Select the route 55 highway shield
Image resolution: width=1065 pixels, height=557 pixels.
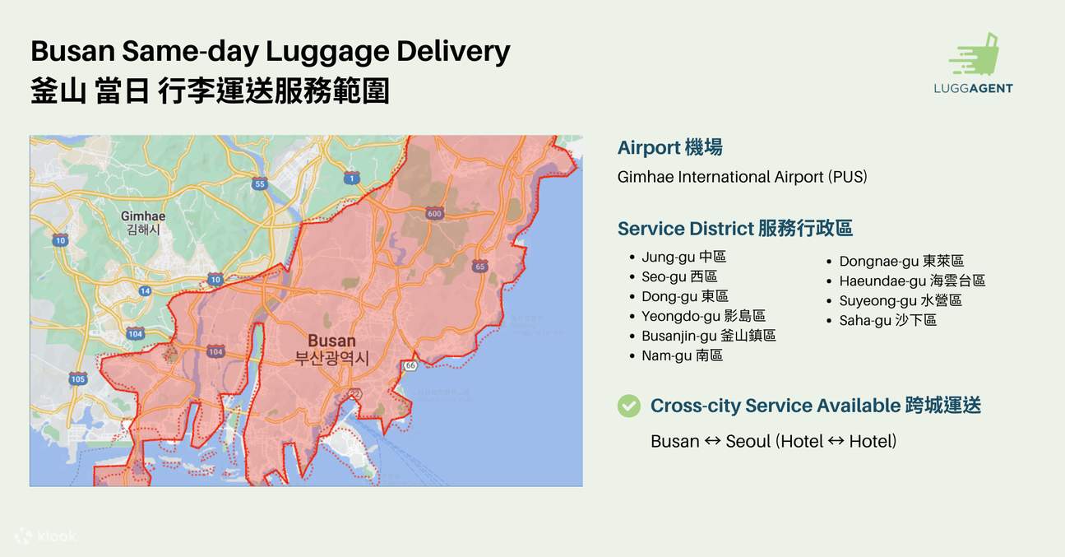[260, 183]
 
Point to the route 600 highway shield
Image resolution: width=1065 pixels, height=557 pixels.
[434, 214]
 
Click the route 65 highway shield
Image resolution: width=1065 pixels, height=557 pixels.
[480, 267]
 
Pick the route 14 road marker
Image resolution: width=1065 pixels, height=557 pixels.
[145, 290]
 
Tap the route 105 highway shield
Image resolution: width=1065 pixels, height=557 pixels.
[78, 378]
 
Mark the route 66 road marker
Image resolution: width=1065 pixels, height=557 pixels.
[410, 364]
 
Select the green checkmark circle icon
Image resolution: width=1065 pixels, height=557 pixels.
[629, 406]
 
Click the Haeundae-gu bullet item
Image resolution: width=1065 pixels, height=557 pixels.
[911, 281]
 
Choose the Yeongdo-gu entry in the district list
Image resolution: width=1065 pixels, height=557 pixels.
[703, 316]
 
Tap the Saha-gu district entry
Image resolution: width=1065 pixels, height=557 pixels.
[887, 320]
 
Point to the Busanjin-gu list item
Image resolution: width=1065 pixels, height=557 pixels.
[708, 336]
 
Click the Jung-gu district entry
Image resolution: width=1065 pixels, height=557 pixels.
[683, 257]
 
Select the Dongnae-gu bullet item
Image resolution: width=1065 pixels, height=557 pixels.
[901, 261]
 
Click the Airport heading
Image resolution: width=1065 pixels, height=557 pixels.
[669, 147]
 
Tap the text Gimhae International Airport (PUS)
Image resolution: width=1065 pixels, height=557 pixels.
[742, 177]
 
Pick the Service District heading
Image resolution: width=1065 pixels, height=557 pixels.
[734, 229]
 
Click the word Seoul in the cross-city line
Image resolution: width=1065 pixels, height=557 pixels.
[748, 441]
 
